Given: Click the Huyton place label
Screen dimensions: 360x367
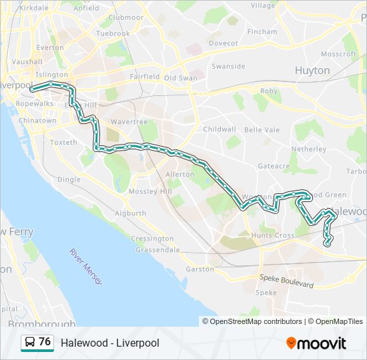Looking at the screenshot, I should click(x=312, y=70).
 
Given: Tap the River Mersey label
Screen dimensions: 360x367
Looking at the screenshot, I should click(x=86, y=267).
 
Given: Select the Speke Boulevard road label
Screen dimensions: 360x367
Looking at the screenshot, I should click(x=286, y=281).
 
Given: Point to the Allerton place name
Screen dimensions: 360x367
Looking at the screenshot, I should click(x=179, y=174).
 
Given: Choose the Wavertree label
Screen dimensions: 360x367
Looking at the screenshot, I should click(x=123, y=122).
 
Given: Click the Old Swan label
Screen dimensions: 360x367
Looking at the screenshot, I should click(x=181, y=77).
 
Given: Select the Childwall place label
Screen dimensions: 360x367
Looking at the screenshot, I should click(x=220, y=129).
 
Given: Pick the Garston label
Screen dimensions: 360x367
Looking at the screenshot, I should click(x=200, y=269).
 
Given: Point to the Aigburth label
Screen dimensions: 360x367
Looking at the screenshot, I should click(x=130, y=213).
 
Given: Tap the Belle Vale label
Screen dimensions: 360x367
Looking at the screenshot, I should click(x=262, y=130).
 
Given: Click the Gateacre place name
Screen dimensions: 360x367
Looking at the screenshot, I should click(x=274, y=166).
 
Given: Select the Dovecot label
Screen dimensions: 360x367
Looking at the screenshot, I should click(x=223, y=43).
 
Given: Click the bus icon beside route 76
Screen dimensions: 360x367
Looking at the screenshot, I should click(x=29, y=342).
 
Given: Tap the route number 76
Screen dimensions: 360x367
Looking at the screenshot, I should click(x=45, y=342).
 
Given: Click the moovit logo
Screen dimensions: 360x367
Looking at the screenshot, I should click(x=316, y=343).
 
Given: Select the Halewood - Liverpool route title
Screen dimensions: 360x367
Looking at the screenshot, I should click(x=110, y=343).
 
